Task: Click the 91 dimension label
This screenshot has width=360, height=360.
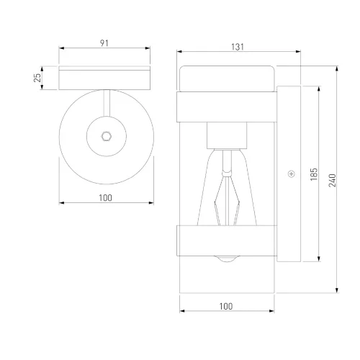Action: click(x=104, y=43)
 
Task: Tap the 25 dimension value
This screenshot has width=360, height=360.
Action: click(x=37, y=78)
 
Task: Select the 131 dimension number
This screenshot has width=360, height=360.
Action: click(x=238, y=47)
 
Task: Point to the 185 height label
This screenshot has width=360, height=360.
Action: click(x=314, y=174)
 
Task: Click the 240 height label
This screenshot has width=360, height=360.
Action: click(x=333, y=180)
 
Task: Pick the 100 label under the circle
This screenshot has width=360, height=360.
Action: click(x=106, y=198)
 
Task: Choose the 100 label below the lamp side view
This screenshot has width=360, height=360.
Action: click(x=226, y=307)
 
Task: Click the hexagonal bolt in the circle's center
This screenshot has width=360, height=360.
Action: click(x=107, y=136)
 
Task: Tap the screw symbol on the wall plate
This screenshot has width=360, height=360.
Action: click(x=292, y=174)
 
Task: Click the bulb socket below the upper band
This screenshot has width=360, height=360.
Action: click(x=227, y=135)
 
